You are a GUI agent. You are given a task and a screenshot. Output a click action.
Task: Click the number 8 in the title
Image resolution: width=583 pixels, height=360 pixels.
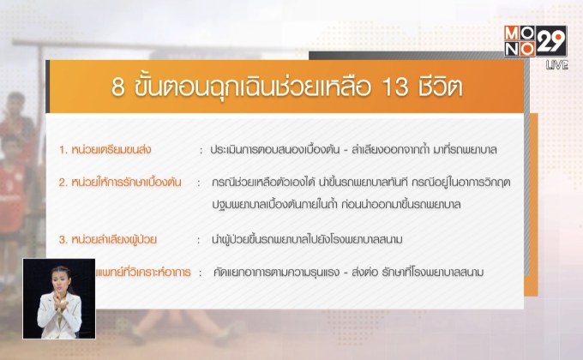(x=119, y=88)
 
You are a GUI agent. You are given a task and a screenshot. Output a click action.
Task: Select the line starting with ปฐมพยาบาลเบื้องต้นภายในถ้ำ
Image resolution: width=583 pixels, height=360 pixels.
(x=352, y=206)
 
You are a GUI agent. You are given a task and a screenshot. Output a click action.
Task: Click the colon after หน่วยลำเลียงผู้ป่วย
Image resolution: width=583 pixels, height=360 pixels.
(x=199, y=239)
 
